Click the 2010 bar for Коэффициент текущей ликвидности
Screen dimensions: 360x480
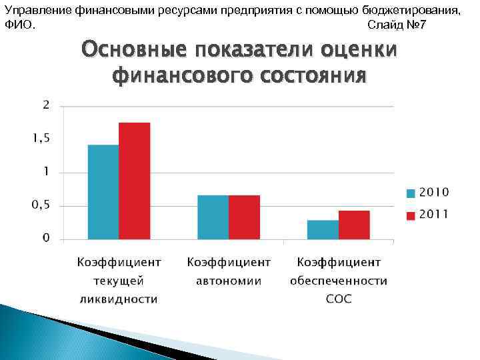pyautogui.click(x=103, y=192)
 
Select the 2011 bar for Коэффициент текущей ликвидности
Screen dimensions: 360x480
pyautogui.click(x=134, y=181)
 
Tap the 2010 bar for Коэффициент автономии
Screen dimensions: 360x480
pyautogui.click(x=213, y=217)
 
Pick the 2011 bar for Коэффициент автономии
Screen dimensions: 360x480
pyautogui.click(x=244, y=217)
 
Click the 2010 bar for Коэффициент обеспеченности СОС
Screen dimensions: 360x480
pyautogui.click(x=323, y=229)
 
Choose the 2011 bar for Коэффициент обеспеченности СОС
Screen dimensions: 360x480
pyautogui.click(x=354, y=225)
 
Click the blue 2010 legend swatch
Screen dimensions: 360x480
pyautogui.click(x=411, y=193)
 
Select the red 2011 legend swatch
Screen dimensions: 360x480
pyautogui.click(x=411, y=215)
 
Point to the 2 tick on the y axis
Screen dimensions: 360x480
pyautogui.click(x=45, y=105)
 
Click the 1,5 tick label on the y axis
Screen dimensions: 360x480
pyautogui.click(x=41, y=138)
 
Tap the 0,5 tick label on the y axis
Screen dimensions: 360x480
pyautogui.click(x=41, y=205)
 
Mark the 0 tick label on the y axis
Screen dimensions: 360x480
pyautogui.click(x=46, y=238)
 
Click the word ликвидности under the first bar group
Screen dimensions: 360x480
pyautogui.click(x=118, y=299)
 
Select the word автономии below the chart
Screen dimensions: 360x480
pyautogui.click(x=229, y=281)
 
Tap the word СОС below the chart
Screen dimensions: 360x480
pyautogui.click(x=339, y=299)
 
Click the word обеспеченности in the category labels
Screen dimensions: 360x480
pyautogui.click(x=339, y=281)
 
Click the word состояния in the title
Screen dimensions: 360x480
pyautogui.click(x=312, y=75)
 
